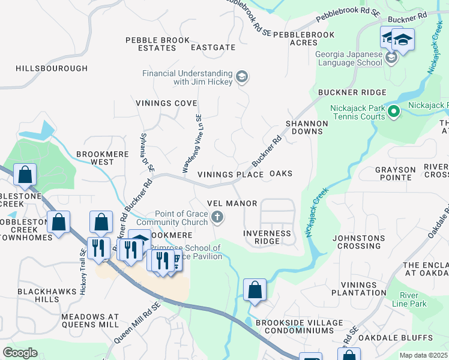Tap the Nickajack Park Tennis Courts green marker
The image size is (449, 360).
point(394,111)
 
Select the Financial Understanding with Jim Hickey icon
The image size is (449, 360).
point(242,77)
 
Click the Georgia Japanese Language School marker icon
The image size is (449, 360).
point(392,58)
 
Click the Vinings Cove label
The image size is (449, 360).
point(166,103)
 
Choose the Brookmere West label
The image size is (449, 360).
point(95,158)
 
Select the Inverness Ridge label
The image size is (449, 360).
point(267,237)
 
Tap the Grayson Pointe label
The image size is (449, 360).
point(396,174)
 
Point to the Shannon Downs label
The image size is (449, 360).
point(307,127)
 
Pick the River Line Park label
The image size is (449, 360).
point(413,300)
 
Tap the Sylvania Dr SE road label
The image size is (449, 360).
point(148,155)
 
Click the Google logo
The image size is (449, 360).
point(20,353)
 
